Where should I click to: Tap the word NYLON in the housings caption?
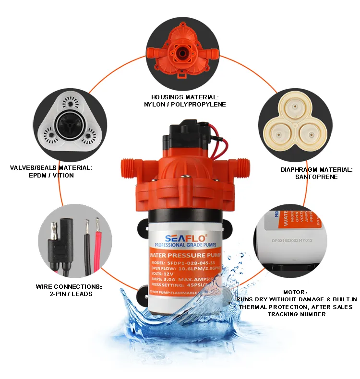[156, 104]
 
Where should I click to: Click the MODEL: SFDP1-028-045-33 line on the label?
[182, 262]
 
